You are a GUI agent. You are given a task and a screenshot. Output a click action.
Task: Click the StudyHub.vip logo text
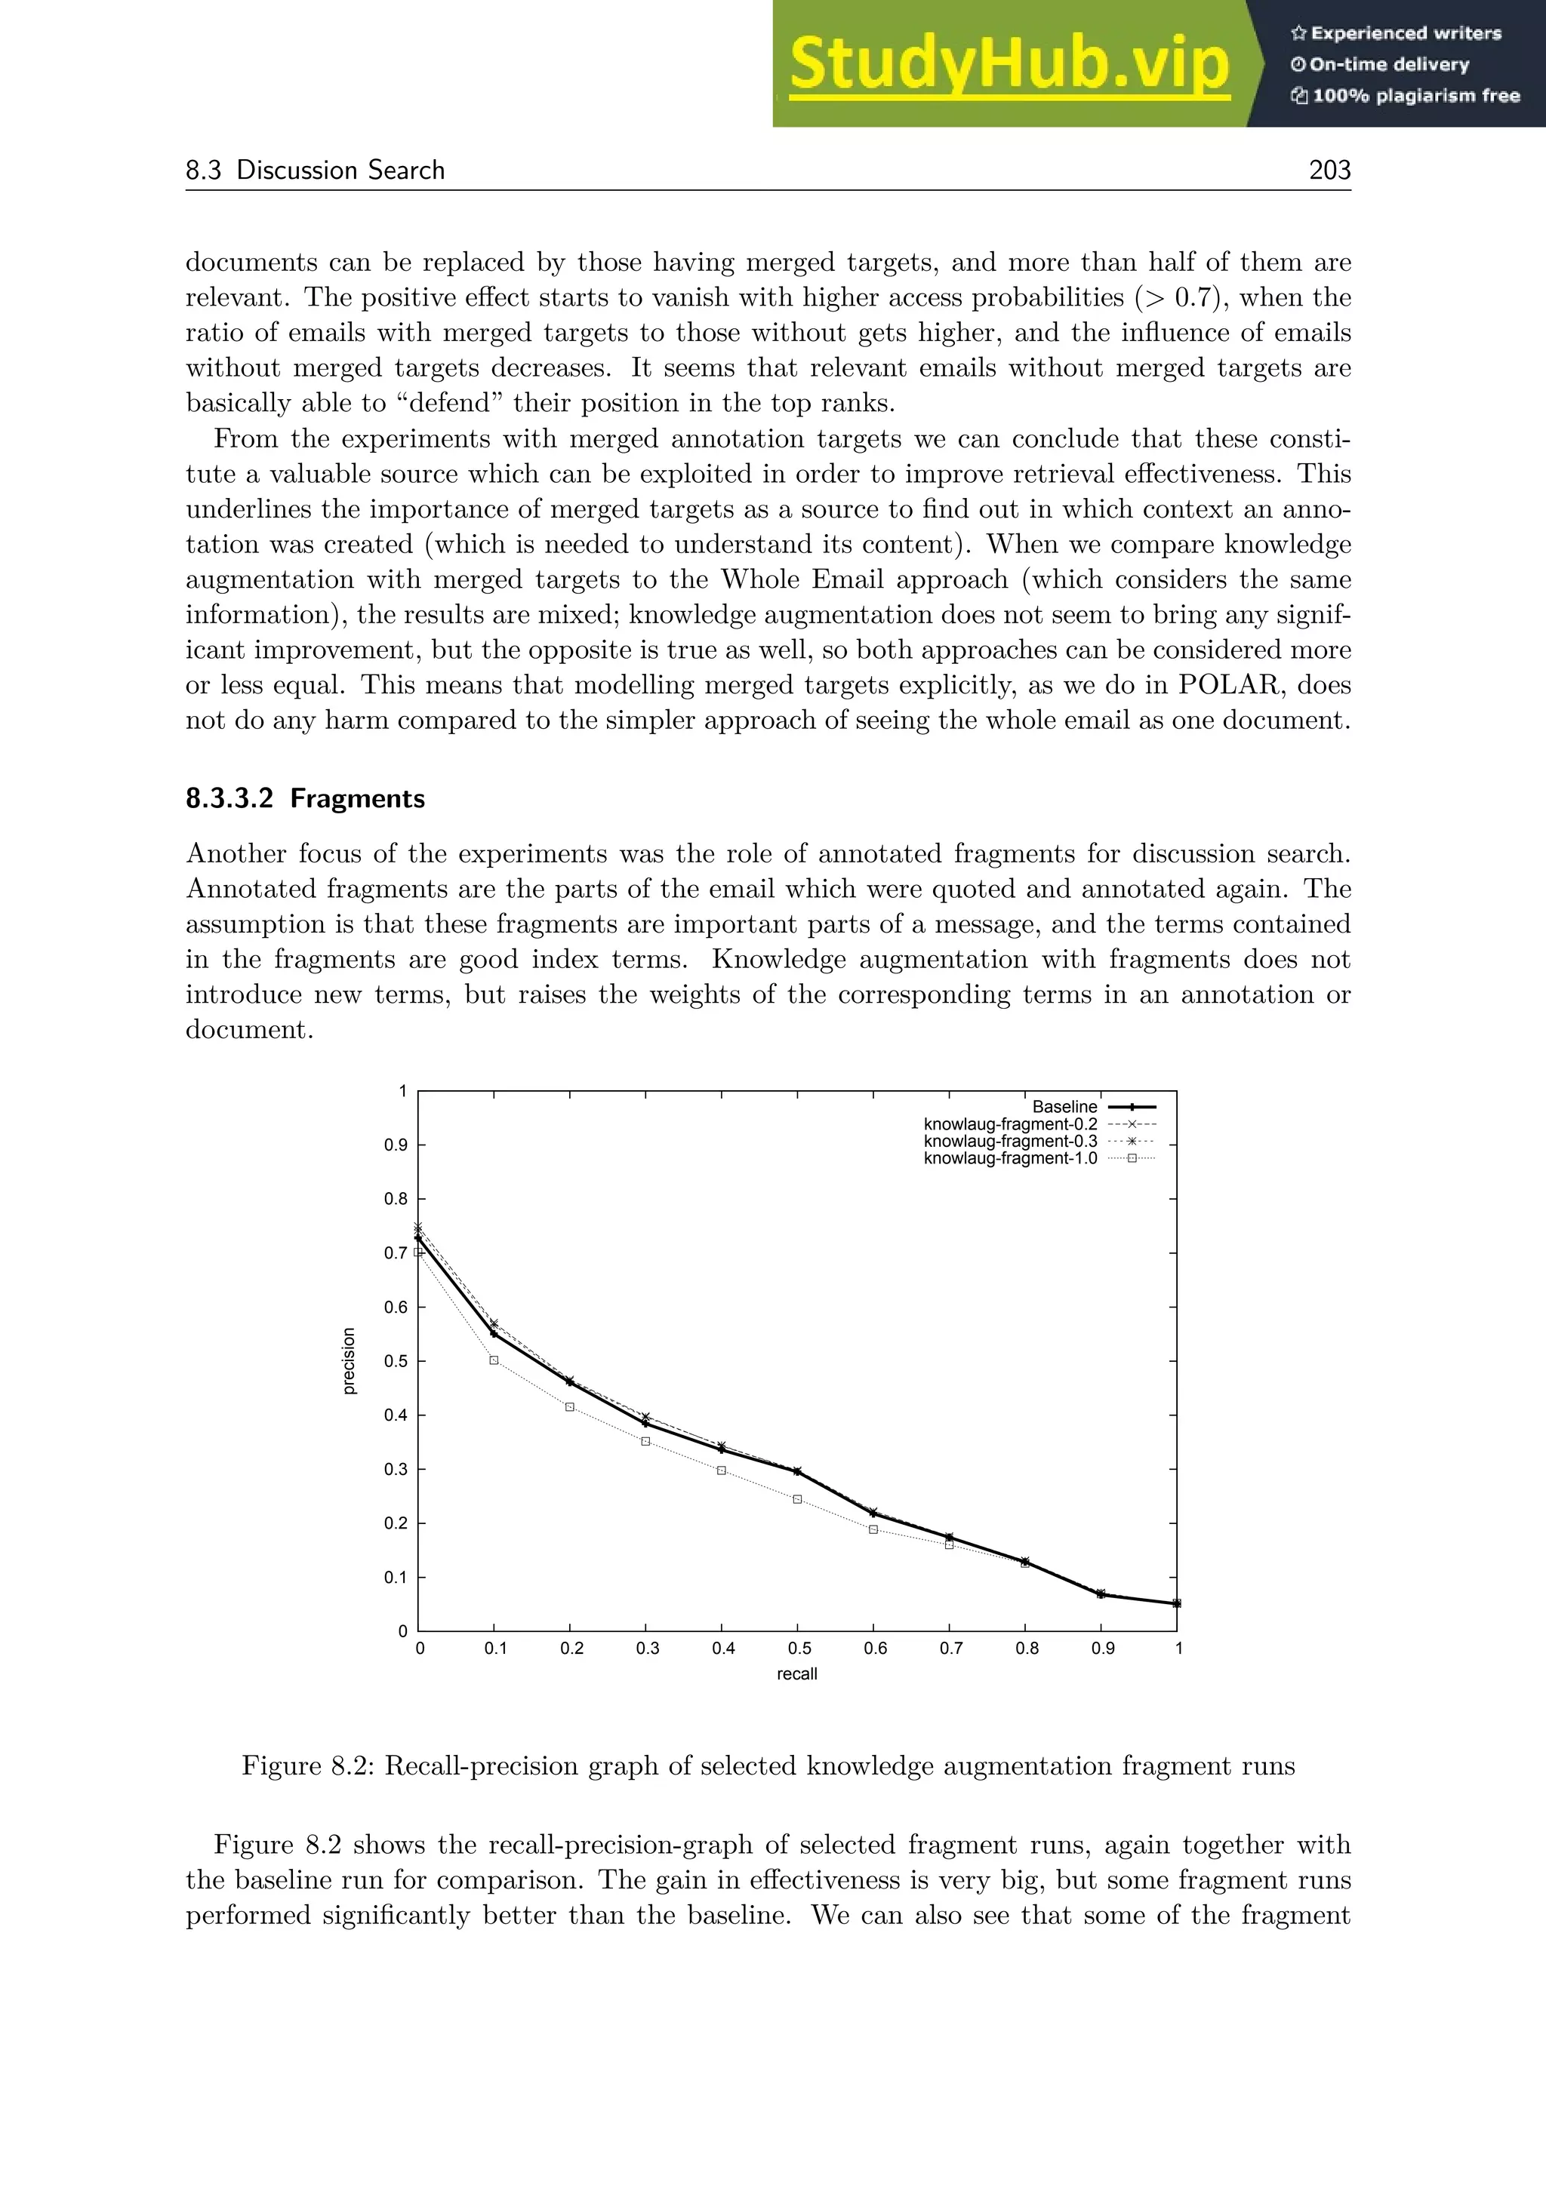1009,64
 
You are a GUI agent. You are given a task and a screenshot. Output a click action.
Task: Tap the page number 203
1329,170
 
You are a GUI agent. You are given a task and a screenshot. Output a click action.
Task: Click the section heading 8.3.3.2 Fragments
305,797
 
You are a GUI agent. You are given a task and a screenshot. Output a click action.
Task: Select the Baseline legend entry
1064,1107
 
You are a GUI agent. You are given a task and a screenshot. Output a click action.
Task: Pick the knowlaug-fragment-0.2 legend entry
1010,1124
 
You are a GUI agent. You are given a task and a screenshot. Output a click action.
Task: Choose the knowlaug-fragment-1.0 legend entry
1010,1158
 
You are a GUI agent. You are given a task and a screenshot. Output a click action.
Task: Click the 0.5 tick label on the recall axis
799,1649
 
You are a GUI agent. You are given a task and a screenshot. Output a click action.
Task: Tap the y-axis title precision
349,1361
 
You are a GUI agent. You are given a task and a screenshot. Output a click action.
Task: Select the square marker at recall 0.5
798,1499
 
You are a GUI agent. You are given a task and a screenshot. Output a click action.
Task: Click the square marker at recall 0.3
645,1441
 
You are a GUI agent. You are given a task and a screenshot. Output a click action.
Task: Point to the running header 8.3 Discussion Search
315,170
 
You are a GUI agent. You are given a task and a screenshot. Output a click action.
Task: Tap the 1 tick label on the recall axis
1178,1649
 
